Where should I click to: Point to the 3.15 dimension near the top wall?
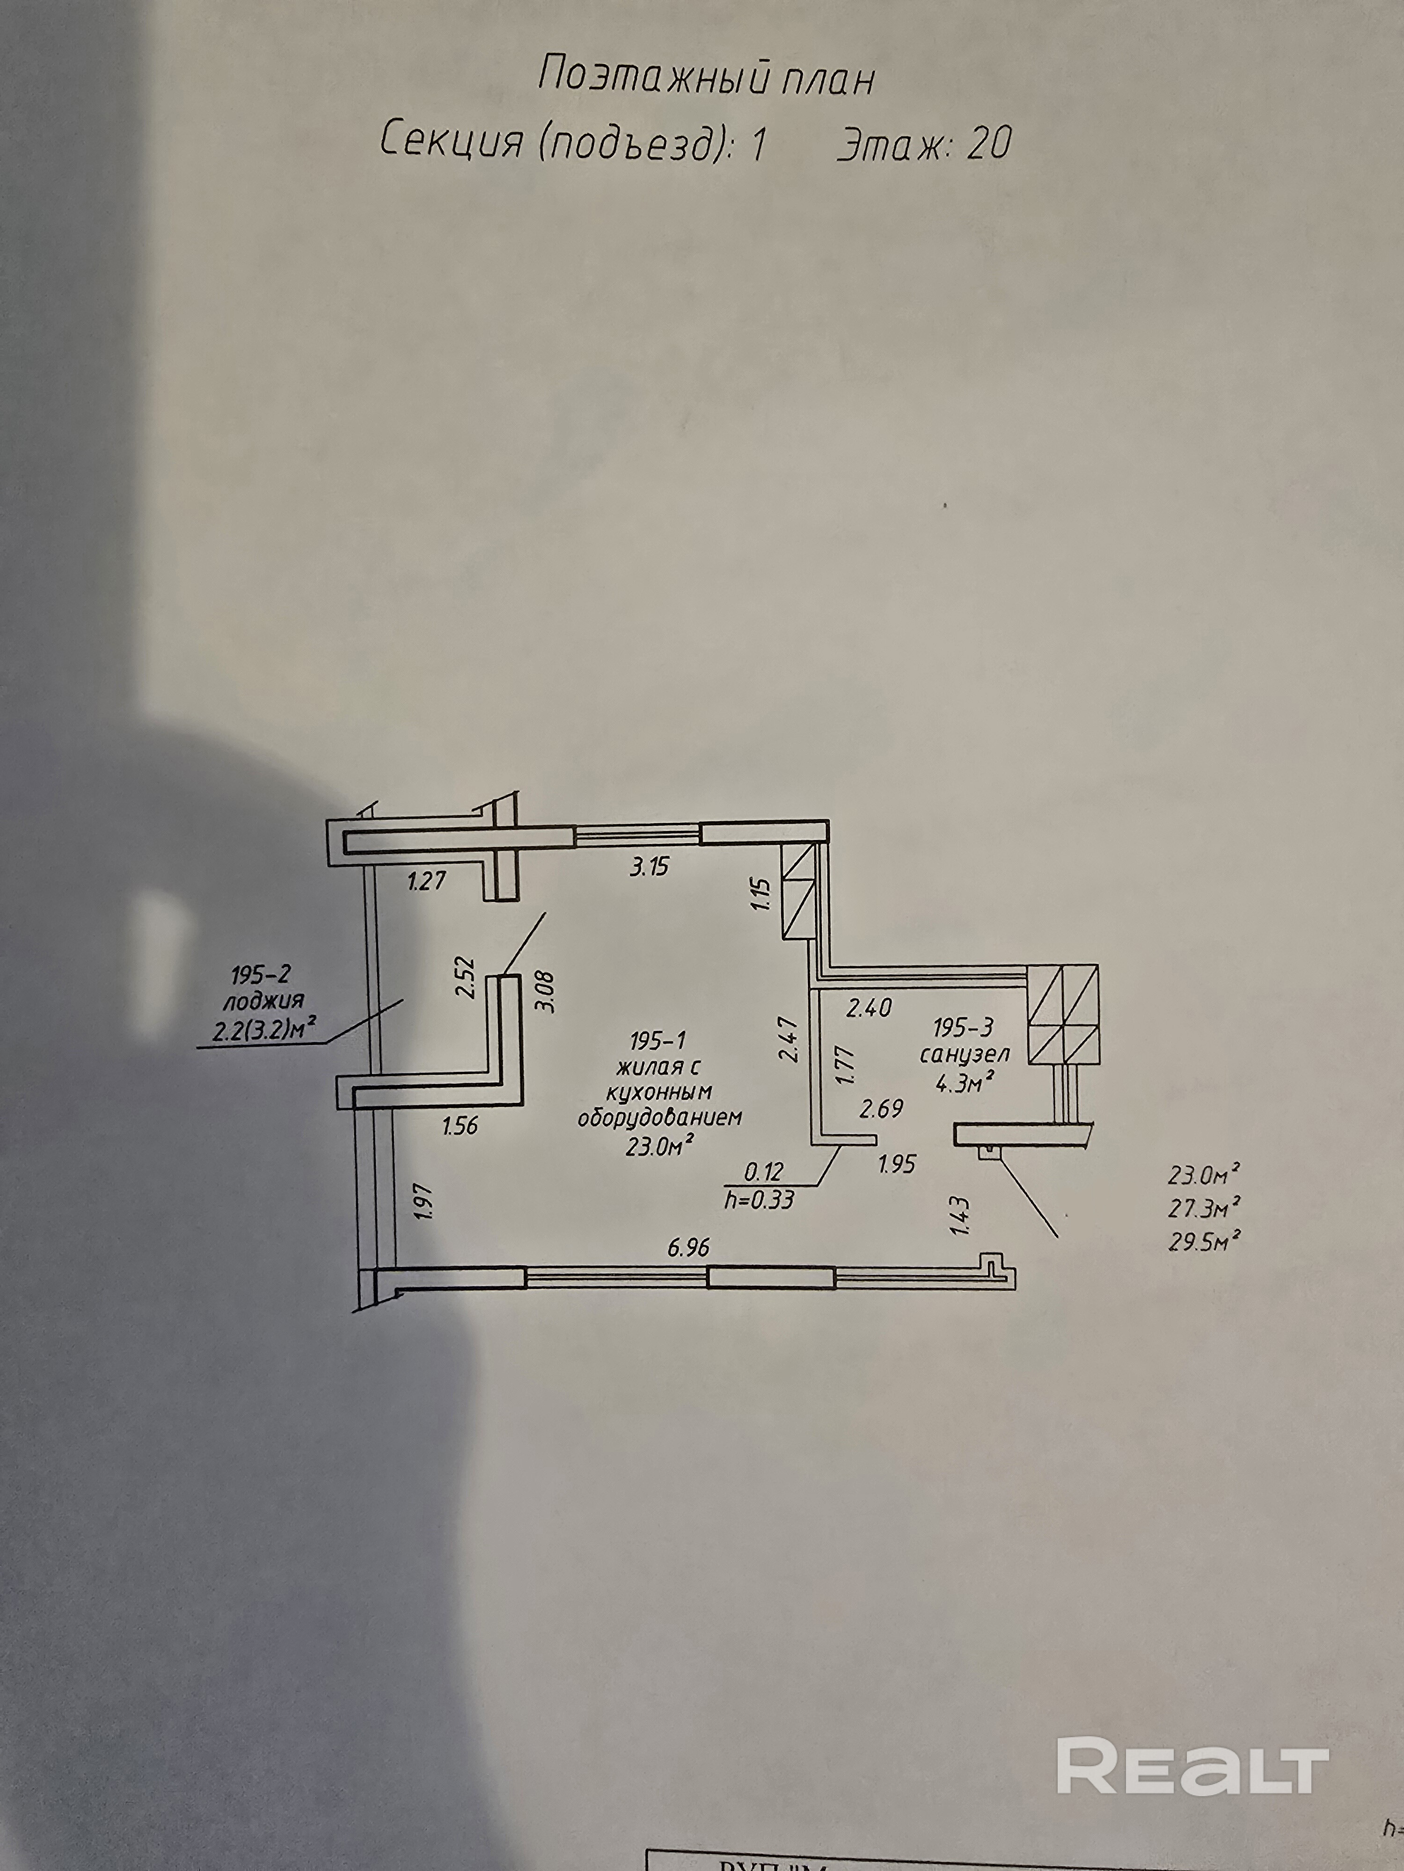(x=649, y=867)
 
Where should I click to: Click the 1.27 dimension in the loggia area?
(x=426, y=882)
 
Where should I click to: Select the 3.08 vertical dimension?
(x=545, y=991)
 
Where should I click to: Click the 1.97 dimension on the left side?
(x=426, y=1201)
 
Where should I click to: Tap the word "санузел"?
(x=964, y=1054)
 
